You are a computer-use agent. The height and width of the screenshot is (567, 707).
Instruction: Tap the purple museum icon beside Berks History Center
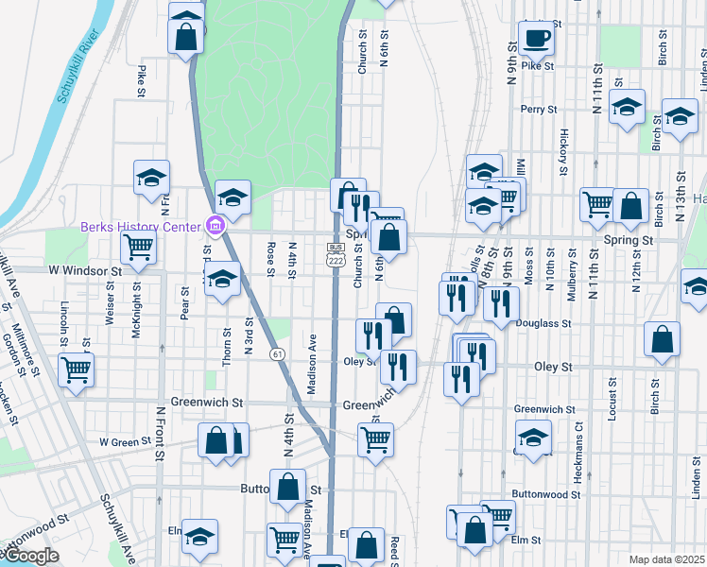(x=215, y=227)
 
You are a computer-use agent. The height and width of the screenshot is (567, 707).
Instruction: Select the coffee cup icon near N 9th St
(x=536, y=39)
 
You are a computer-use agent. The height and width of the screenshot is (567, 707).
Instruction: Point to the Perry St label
(x=536, y=110)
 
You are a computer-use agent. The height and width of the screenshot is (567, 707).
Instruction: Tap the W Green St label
(x=125, y=441)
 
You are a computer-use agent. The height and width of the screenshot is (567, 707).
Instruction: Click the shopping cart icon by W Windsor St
(x=139, y=248)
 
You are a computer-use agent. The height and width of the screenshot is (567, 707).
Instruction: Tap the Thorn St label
(x=228, y=347)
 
